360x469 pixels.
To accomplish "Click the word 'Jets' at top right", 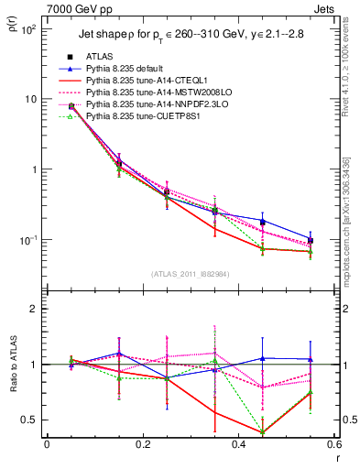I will (323, 8).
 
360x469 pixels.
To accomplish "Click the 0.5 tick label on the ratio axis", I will (33, 420).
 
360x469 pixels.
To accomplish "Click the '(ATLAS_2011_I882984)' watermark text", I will (191, 274).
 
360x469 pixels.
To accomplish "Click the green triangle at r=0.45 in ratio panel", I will (263, 432).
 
